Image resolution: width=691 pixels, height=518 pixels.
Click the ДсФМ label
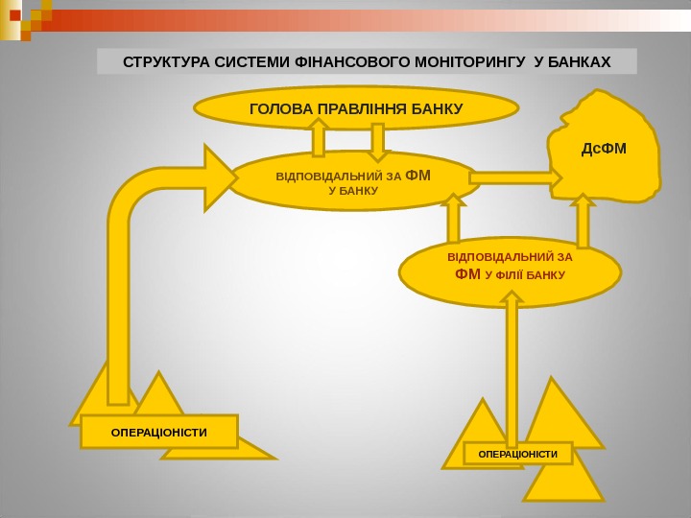(x=605, y=149)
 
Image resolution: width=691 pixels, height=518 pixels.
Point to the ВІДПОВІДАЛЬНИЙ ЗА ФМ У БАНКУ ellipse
(x=353, y=180)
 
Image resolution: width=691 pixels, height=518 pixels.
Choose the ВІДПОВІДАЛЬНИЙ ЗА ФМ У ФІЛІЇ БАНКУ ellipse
(x=510, y=271)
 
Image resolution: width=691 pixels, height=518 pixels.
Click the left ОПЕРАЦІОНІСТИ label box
(x=158, y=433)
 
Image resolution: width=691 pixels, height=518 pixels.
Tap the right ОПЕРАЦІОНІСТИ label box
(x=517, y=453)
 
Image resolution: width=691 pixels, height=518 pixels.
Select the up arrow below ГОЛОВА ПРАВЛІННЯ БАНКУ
(x=319, y=139)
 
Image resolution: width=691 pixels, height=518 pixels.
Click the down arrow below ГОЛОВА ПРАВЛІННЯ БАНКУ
(x=378, y=140)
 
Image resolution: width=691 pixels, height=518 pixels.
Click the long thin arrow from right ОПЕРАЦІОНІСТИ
(x=512, y=365)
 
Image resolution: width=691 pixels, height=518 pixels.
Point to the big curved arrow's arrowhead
(x=216, y=176)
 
